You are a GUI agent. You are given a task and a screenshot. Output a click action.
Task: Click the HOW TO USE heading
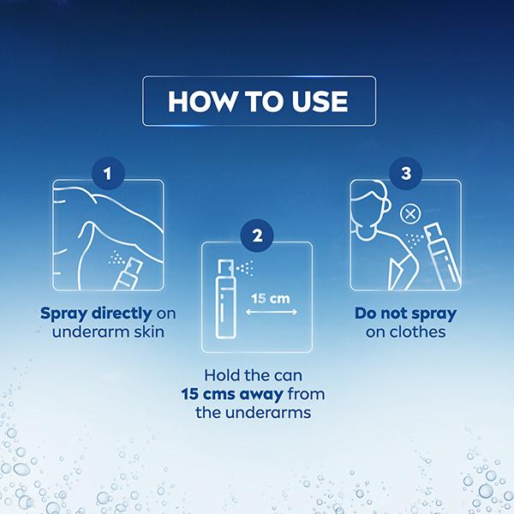point(258,101)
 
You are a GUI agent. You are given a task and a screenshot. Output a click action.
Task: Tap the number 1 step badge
point(108,173)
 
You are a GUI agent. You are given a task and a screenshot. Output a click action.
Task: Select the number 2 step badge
point(257,233)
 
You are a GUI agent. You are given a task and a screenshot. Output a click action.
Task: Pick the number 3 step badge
point(405,173)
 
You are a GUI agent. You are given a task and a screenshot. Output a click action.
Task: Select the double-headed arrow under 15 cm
point(271,314)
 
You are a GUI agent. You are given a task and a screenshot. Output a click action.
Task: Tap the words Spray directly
point(93,313)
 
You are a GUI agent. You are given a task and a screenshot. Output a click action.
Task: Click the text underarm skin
point(108,332)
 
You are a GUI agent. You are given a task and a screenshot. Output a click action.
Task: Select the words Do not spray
point(405,313)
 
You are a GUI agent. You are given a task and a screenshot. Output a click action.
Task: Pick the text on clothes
point(405,332)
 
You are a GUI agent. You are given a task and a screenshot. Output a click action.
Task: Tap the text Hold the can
point(257,374)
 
